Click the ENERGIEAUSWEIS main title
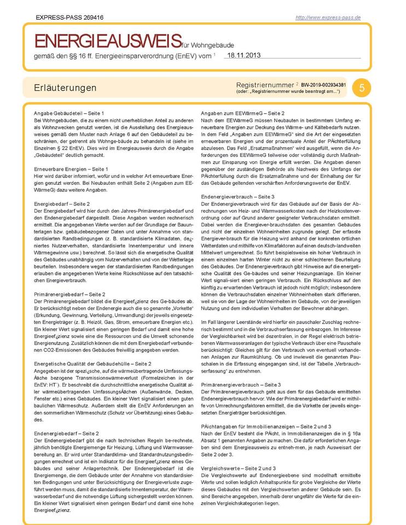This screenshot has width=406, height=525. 108,40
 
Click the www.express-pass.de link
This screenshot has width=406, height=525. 328,17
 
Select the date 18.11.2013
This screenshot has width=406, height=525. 244,55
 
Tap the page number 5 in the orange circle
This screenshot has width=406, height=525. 362,87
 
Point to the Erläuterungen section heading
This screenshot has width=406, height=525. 65,88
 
